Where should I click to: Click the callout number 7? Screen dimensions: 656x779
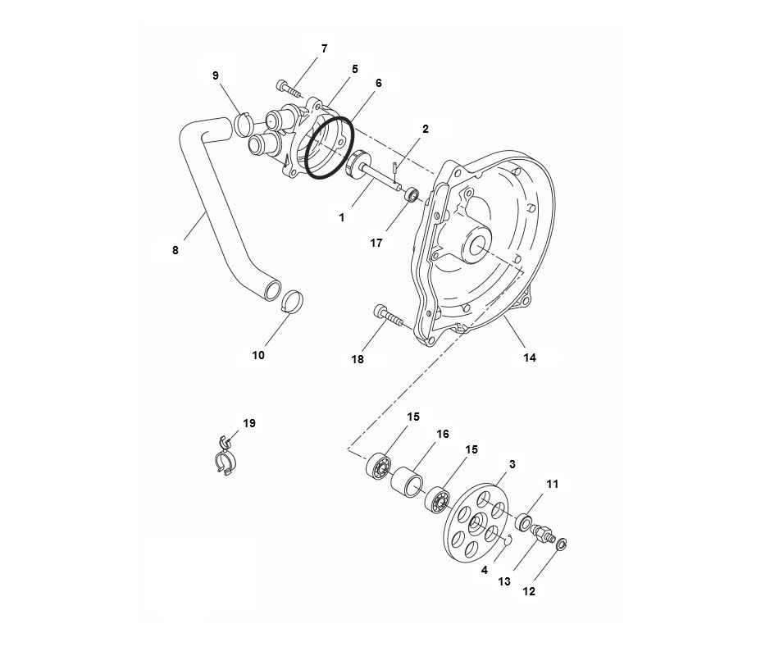point(324,49)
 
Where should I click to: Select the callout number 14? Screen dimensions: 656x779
point(530,358)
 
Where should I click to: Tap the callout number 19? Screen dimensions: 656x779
point(249,423)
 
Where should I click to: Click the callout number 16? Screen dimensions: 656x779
point(442,434)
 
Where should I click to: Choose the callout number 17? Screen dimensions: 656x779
point(376,243)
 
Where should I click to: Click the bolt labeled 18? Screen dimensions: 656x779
point(388,316)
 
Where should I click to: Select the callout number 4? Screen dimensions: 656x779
point(485,570)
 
